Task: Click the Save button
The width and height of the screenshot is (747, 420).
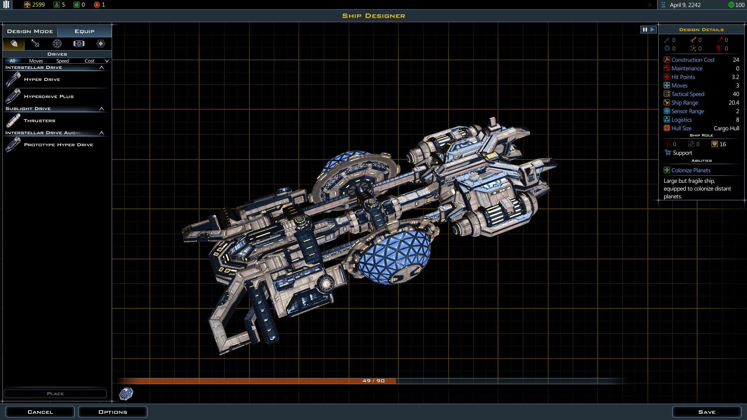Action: coord(707,412)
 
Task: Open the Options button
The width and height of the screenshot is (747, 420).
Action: coord(113,412)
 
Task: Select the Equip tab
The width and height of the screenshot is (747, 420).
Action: coord(84,31)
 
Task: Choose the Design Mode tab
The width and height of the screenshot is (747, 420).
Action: coord(30,31)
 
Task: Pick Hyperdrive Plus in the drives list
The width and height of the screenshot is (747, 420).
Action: coord(49,96)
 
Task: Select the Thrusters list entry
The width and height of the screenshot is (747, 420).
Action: coord(39,121)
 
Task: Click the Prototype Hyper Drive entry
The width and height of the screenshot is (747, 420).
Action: coord(58,145)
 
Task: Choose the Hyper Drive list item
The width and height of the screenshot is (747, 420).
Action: coord(42,79)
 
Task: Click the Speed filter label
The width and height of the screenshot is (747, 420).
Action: coord(62,61)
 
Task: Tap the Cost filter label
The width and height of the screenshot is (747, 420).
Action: coord(89,61)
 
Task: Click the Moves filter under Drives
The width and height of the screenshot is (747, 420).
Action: coord(36,61)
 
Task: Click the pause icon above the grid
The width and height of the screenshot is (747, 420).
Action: coord(645,30)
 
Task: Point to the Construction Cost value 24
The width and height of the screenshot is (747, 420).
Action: coord(736,60)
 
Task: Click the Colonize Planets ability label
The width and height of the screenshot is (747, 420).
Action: coord(691,170)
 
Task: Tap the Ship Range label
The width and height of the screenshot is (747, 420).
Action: coord(684,103)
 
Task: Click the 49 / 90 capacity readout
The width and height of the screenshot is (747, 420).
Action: coord(373,381)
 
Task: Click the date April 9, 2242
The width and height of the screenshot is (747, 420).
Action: coord(685,5)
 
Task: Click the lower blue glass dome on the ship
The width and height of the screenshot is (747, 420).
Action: coord(393,257)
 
